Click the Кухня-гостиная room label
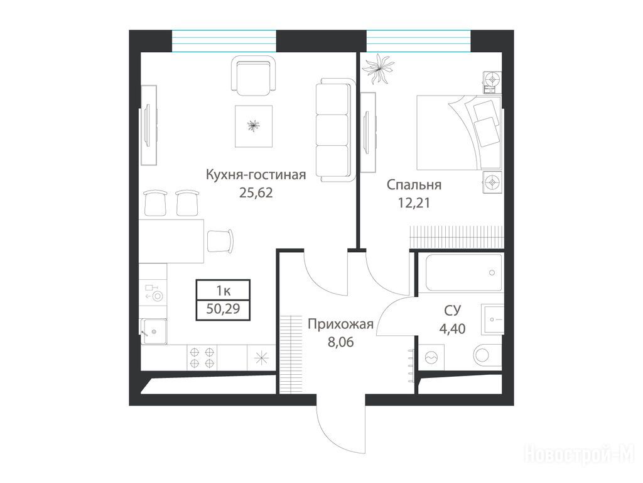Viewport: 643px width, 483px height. [x=256, y=175]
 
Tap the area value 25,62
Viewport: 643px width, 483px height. [x=256, y=192]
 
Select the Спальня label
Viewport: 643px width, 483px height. [x=414, y=185]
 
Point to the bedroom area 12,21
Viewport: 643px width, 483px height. [x=414, y=203]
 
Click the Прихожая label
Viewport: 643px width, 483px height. [x=340, y=324]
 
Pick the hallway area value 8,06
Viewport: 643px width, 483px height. [x=340, y=341]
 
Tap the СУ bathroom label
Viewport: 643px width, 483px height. [x=452, y=311]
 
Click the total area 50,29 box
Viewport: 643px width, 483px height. [x=223, y=309]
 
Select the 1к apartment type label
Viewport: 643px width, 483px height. [x=223, y=291]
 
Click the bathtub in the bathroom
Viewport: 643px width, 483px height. [x=463, y=272]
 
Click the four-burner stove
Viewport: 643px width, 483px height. [x=202, y=358]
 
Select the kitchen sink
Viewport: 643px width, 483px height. [x=154, y=331]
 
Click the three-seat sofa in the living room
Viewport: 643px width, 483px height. [x=335, y=130]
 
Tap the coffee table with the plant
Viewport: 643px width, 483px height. [x=254, y=126]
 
